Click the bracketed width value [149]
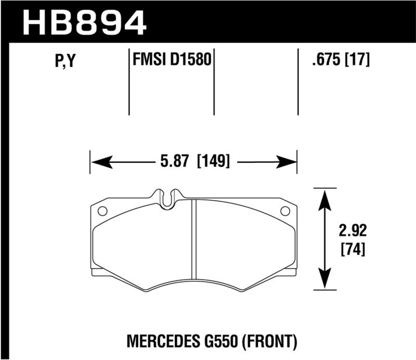[213, 162]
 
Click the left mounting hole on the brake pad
[102, 211]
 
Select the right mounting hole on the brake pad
[284, 211]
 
